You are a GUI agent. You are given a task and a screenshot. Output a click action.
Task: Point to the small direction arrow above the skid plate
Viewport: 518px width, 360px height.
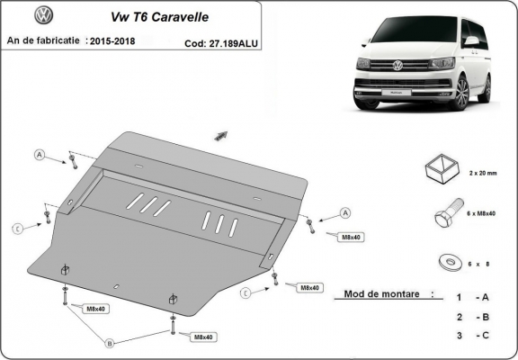220,135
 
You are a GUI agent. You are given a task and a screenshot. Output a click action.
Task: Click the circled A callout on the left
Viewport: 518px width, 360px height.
40,155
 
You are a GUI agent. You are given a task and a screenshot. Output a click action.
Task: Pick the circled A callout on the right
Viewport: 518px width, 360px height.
344,213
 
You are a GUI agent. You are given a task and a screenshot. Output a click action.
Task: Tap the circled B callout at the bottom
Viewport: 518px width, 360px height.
110,342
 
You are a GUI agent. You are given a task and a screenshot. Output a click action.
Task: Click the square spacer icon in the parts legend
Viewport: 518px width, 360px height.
441,167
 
